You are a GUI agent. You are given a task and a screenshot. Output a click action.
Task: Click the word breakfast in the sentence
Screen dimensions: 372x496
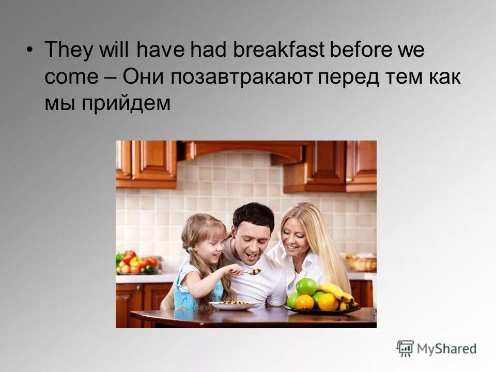point(280,51)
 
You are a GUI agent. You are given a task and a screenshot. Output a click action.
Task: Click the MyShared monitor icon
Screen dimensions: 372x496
point(405,348)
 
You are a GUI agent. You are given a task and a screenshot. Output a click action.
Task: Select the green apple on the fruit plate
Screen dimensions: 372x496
point(306,286)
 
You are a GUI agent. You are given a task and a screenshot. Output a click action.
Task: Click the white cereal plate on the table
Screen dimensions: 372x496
point(233,305)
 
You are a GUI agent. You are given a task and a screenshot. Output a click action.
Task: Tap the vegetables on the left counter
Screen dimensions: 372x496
point(136,262)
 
